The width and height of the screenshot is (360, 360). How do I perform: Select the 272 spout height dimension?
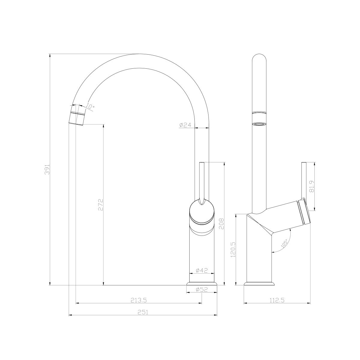click(101, 205)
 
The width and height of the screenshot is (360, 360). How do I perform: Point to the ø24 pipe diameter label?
click(185, 125)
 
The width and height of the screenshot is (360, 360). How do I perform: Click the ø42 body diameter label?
click(202, 270)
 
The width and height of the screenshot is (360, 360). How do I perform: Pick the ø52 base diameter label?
click(202, 289)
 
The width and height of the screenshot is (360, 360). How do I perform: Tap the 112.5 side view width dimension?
click(277, 300)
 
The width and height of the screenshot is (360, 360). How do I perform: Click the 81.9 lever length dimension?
click(311, 186)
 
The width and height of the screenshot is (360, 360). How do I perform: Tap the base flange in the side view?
click(259, 283)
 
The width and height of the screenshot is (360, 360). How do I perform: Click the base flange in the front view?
click(202, 283)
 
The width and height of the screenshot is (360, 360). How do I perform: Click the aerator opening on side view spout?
click(259, 124)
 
